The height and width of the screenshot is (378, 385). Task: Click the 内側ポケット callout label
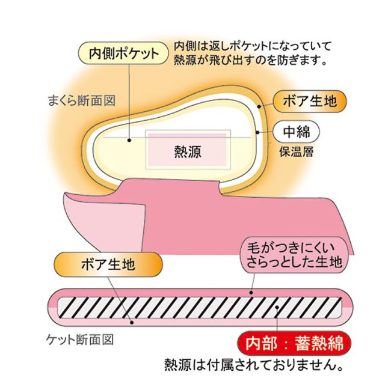(x=124, y=53)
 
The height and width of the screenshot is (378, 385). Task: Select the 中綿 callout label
(x=295, y=130)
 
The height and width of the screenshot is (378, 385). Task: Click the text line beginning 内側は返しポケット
(x=251, y=46)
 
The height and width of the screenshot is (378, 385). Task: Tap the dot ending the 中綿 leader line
(x=257, y=130)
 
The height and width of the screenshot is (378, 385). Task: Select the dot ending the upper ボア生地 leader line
(x=259, y=105)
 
